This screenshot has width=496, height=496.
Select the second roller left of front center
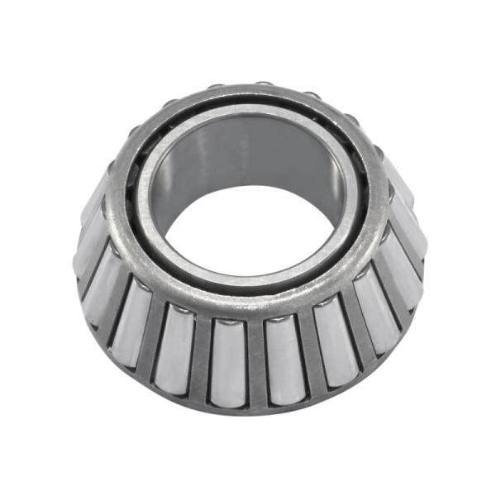coord(176,347)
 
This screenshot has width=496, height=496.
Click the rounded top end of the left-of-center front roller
coord(229,324)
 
